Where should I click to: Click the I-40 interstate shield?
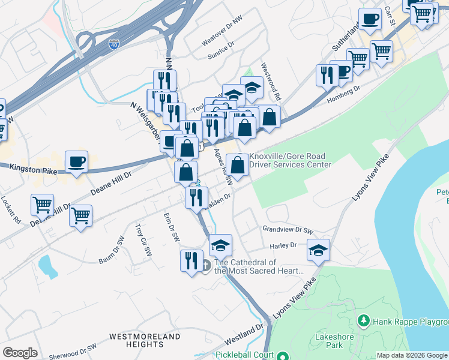point(114,44)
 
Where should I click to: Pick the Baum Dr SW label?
point(112,257)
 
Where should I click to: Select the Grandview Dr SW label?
point(288,230)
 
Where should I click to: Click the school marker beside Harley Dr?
point(318,250)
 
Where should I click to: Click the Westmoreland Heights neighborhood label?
point(145,341)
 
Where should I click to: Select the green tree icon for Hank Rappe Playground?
point(363,322)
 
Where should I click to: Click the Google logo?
point(20,353)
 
